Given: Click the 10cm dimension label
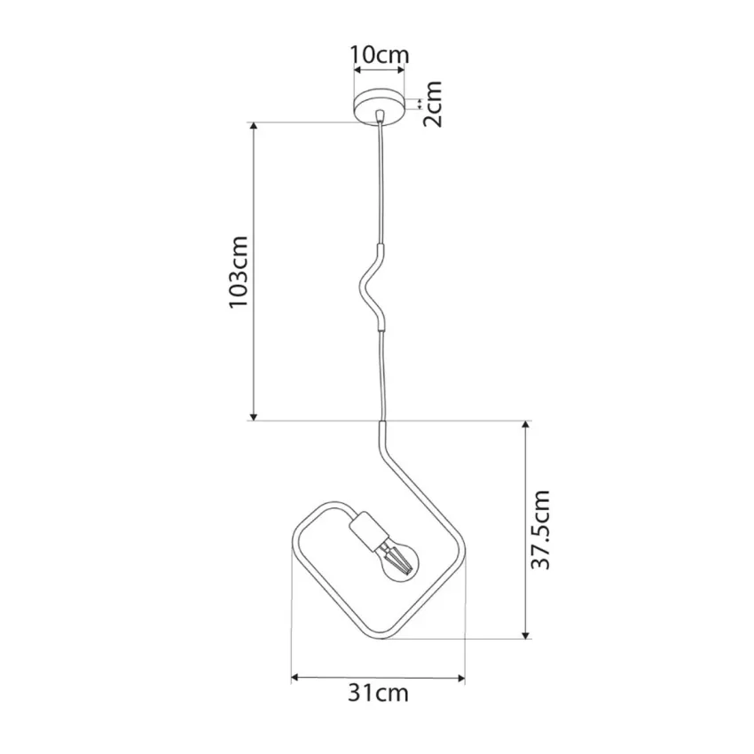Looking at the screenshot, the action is click(380, 55).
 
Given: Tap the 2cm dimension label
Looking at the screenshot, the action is click(432, 104).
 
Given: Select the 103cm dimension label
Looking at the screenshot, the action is click(239, 272).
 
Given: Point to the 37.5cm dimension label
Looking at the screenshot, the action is click(540, 530).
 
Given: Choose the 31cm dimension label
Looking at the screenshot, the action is click(378, 693).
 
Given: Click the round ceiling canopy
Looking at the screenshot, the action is click(380, 106).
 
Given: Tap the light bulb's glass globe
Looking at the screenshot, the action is click(398, 562).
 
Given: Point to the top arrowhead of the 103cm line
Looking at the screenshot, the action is click(254, 127).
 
